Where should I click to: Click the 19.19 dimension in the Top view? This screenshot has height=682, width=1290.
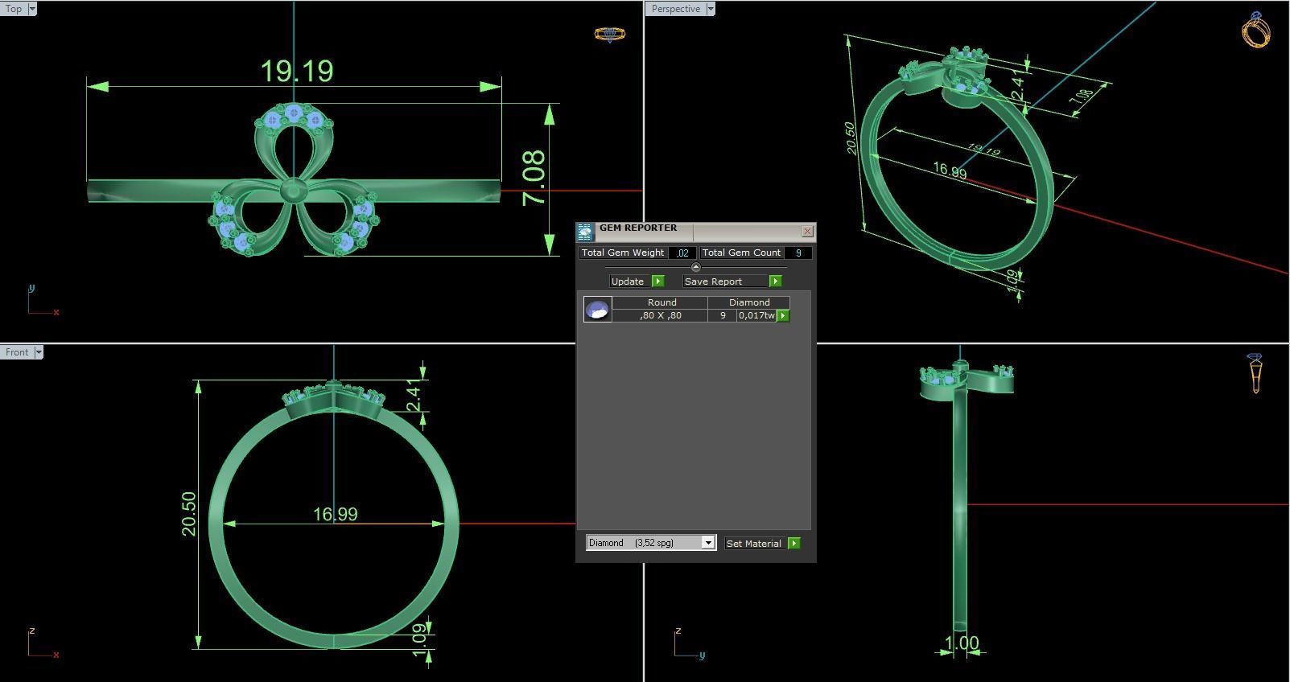pyautogui.click(x=297, y=72)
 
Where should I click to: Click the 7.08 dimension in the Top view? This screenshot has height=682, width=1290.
pyautogui.click(x=534, y=179)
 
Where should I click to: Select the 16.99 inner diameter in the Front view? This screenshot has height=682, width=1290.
pyautogui.click(x=335, y=514)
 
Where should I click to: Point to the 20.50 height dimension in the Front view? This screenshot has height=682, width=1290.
pyautogui.click(x=188, y=514)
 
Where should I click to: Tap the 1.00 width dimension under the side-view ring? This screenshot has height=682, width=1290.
pyautogui.click(x=962, y=643)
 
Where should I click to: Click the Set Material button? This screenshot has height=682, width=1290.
pyautogui.click(x=754, y=544)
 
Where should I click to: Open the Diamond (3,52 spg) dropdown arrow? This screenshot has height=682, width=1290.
pyautogui.click(x=708, y=543)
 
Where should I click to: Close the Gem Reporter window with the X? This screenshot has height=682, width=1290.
pyautogui.click(x=807, y=232)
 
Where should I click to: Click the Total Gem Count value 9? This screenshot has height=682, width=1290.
pyautogui.click(x=798, y=253)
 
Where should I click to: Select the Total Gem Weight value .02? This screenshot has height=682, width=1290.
pyautogui.click(x=682, y=253)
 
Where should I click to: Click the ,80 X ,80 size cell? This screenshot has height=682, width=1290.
pyautogui.click(x=660, y=315)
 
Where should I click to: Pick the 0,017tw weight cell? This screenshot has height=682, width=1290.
pyautogui.click(x=756, y=315)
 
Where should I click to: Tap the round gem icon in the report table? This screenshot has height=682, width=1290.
pyautogui.click(x=597, y=310)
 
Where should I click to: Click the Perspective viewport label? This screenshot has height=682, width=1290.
pyautogui.click(x=675, y=9)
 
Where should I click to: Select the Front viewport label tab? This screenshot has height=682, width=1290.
pyautogui.click(x=16, y=352)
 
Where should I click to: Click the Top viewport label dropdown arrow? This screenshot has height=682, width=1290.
pyautogui.click(x=32, y=9)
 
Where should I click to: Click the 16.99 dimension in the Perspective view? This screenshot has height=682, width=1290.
pyautogui.click(x=950, y=170)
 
